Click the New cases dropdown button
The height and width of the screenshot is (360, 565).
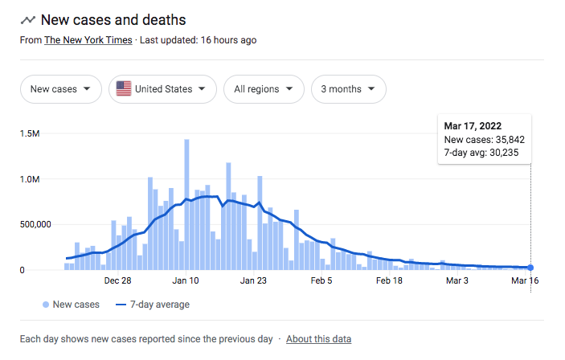coord(61,89)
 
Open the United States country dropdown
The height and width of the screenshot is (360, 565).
coord(162,89)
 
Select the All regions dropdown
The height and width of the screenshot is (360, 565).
coord(264,89)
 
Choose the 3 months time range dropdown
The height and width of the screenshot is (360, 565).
coord(349,89)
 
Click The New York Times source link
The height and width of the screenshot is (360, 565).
coord(88,40)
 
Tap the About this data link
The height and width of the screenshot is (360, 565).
coord(318,339)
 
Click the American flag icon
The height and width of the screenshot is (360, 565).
coord(124,88)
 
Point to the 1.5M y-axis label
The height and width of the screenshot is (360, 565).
coord(30,133)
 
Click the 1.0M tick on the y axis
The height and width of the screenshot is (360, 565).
coord(30,179)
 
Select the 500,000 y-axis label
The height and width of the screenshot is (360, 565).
coord(35,224)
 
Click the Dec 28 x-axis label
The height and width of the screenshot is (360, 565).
coord(118,280)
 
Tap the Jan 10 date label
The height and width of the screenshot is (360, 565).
coord(186,280)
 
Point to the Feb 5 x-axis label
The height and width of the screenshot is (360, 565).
coord(321,280)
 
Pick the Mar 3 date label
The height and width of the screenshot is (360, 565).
coord(457,280)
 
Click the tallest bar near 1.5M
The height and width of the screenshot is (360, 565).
coord(186,205)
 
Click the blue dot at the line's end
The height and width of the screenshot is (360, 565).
coord(530,268)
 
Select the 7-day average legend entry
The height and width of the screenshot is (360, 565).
coord(153,305)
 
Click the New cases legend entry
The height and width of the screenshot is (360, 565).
coord(71,305)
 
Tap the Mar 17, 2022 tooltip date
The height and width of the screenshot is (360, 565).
coord(473,126)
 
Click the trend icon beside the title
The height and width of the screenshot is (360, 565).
coord(28,20)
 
